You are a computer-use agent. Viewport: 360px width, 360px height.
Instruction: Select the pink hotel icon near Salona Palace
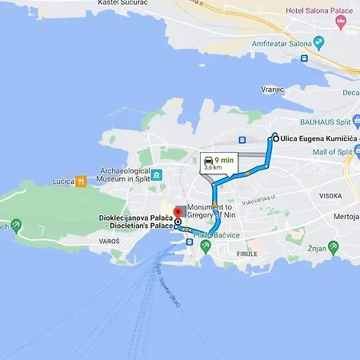342,23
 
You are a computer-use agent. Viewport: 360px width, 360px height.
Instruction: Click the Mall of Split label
330,151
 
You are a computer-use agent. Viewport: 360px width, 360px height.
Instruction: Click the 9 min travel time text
224,160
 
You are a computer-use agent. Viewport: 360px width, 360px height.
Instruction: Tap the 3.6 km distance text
213,168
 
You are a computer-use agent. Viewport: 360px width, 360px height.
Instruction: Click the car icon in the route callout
209,159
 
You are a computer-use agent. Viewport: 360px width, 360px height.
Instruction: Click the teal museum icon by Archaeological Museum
157,175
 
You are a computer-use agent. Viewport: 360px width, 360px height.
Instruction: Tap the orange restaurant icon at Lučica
80,182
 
